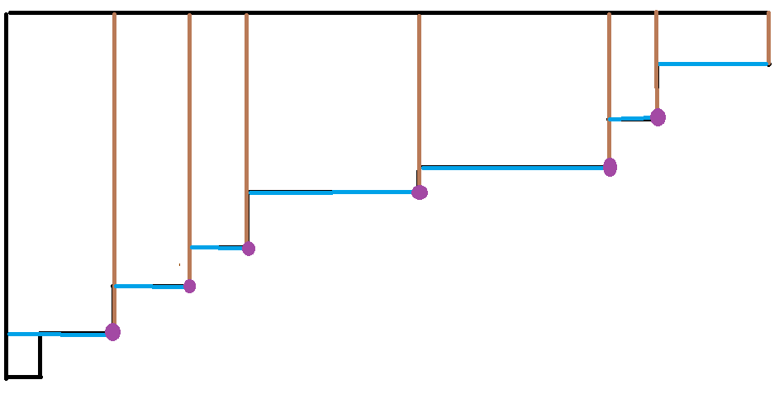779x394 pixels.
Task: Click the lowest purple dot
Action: (x=113, y=332)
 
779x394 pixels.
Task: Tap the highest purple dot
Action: (x=658, y=117)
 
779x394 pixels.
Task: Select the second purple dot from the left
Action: (x=189, y=286)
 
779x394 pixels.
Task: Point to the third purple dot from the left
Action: (x=248, y=248)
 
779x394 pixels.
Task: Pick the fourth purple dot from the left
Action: (x=420, y=192)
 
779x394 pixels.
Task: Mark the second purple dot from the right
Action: (x=610, y=168)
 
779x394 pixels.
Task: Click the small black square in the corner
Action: (x=23, y=357)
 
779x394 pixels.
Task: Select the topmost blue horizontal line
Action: (x=713, y=64)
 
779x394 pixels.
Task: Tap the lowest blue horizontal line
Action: (x=58, y=334)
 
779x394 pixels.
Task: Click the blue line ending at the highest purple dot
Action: (x=629, y=119)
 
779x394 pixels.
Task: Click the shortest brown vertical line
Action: (x=768, y=38)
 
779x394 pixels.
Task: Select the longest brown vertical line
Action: (x=114, y=165)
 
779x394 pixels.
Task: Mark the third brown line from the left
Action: (x=246, y=124)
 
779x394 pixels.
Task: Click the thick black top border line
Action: (x=388, y=12)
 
